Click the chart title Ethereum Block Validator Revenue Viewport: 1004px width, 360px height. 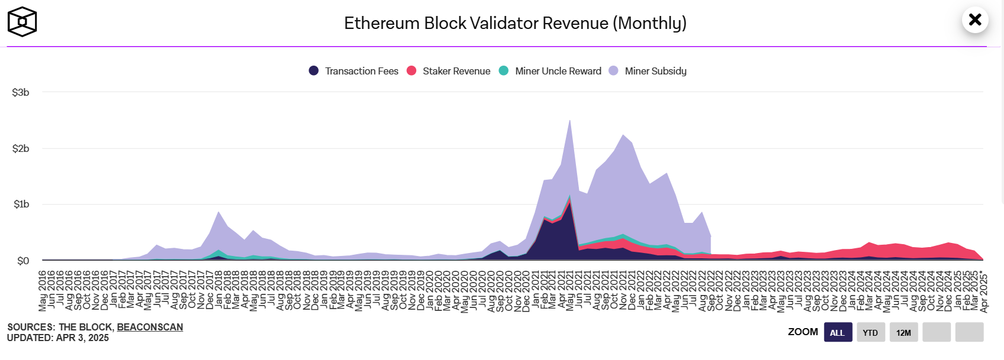point(515,23)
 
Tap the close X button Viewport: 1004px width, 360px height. point(975,20)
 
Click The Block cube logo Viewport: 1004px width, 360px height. point(22,22)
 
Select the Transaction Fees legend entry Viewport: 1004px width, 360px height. point(354,71)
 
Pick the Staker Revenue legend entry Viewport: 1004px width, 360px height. point(449,71)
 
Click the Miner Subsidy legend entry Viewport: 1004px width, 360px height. point(648,71)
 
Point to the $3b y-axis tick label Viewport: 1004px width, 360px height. point(21,92)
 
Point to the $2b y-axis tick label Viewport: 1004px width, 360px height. point(21,148)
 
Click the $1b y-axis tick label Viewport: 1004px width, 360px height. point(21,205)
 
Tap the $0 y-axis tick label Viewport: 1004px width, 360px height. point(23,261)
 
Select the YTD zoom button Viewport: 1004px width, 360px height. point(870,332)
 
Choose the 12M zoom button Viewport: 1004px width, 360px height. point(903,332)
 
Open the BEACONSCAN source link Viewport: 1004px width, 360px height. point(150,327)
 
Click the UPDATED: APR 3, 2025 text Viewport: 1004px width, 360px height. point(58,338)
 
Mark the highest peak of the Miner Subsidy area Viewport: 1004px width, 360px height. point(569,121)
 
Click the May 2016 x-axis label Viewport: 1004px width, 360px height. point(43,290)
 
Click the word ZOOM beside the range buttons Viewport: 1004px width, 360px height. point(802,332)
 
